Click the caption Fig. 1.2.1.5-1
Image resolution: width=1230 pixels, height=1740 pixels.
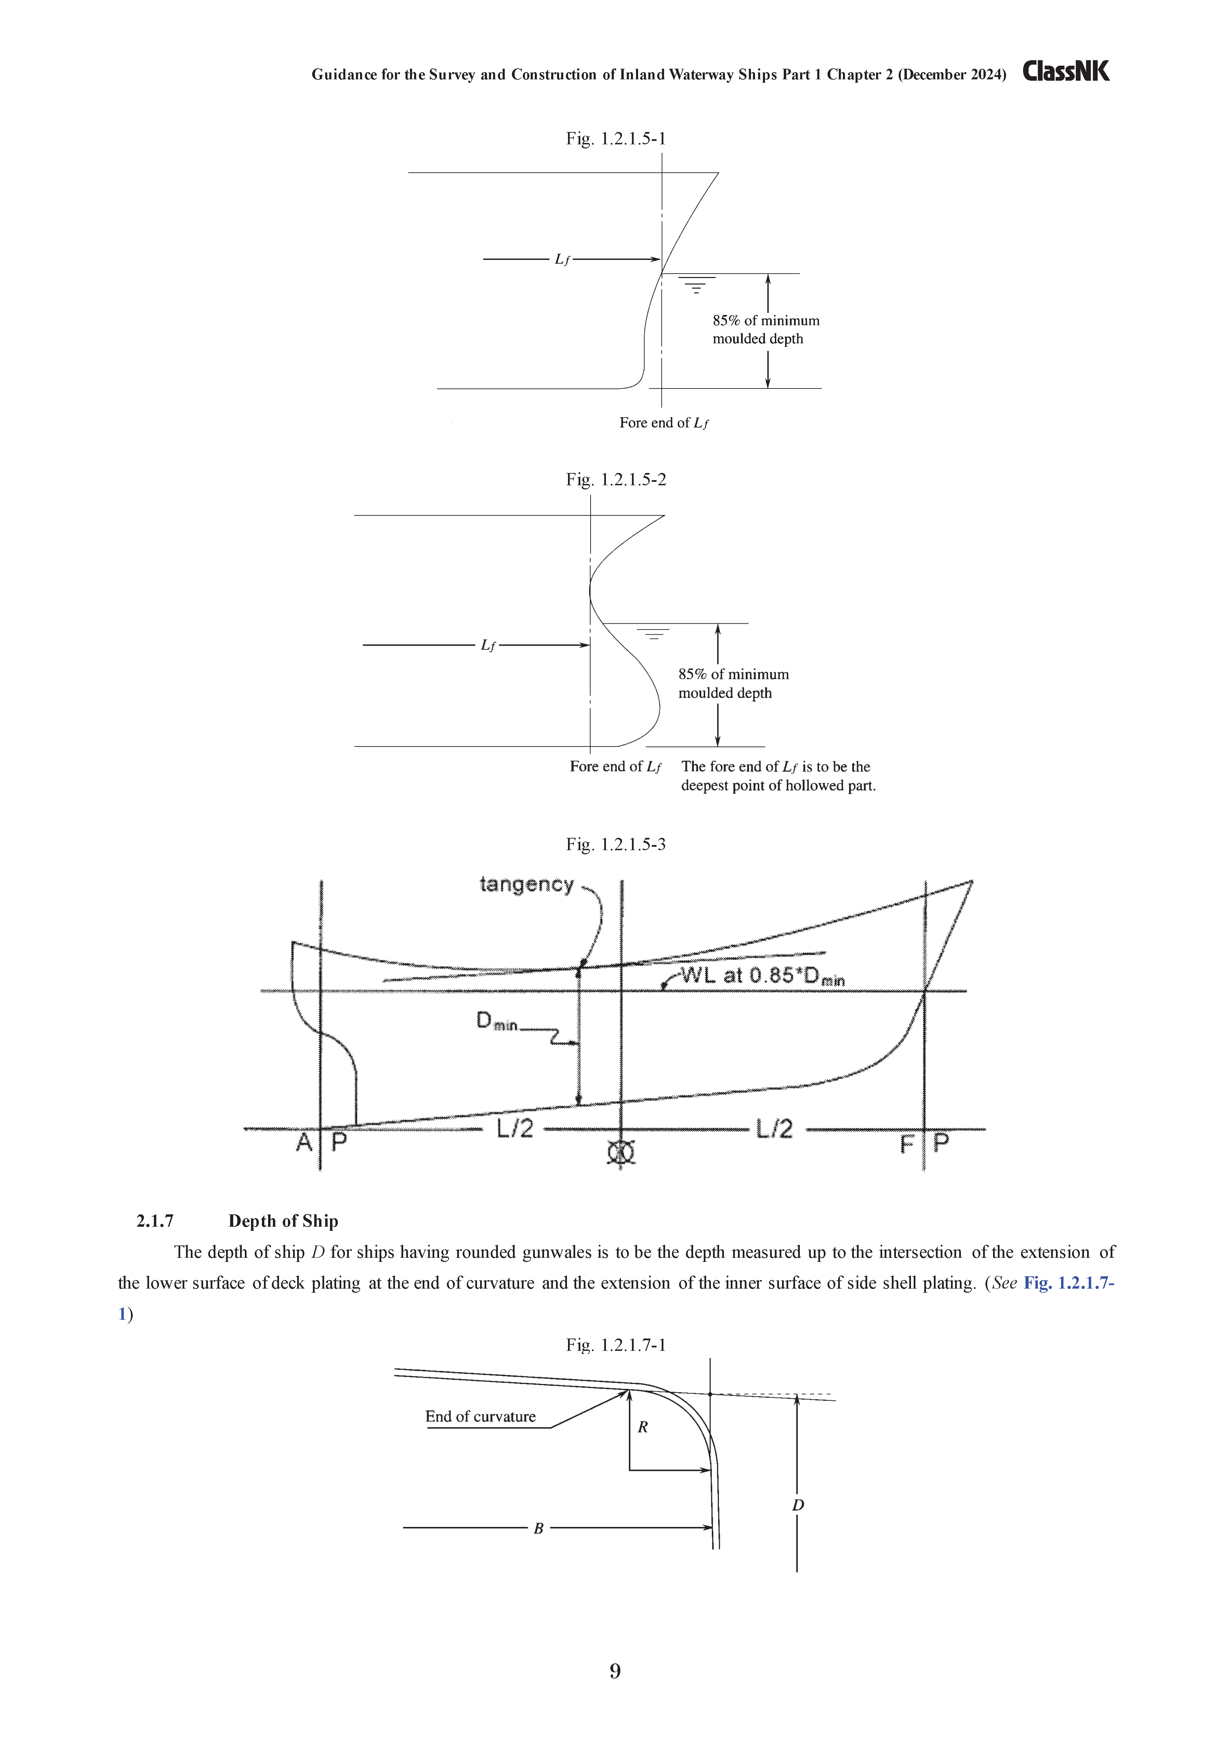point(616,139)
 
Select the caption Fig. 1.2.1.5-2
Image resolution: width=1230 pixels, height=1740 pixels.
point(616,480)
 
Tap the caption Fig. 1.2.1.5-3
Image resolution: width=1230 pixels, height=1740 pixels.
point(616,844)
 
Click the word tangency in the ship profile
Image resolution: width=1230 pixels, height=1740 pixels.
point(527,884)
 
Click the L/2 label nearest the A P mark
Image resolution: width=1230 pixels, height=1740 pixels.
point(515,1129)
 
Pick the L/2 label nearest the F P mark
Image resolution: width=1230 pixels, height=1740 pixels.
point(775,1129)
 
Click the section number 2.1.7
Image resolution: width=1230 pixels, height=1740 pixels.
point(155,1221)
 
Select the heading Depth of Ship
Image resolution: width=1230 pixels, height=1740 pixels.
point(283,1221)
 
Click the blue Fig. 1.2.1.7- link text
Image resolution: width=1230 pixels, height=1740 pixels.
point(1069,1283)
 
